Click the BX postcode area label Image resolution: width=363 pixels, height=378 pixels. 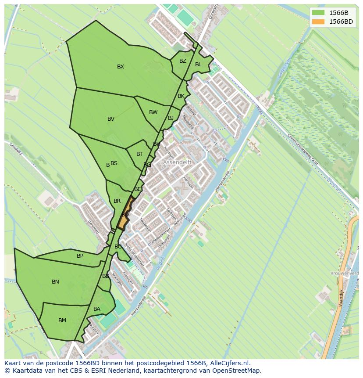pyautogui.click(x=121, y=67)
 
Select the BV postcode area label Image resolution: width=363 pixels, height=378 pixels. pyautogui.click(x=111, y=119)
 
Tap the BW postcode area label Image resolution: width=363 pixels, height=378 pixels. pyautogui.click(x=153, y=112)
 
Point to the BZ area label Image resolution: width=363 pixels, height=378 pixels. pyautogui.click(x=183, y=61)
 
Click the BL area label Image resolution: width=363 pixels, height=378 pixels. pyautogui.click(x=198, y=65)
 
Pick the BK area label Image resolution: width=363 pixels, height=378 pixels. pyautogui.click(x=181, y=96)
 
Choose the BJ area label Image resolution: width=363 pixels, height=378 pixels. pyautogui.click(x=171, y=118)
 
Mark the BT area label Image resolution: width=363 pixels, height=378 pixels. pyautogui.click(x=139, y=154)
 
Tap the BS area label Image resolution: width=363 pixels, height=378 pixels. pyautogui.click(x=114, y=163)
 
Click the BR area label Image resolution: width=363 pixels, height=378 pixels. pyautogui.click(x=117, y=201)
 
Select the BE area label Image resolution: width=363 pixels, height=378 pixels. pyautogui.click(x=138, y=189)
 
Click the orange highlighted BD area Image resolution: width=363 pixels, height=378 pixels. pyautogui.click(x=125, y=214)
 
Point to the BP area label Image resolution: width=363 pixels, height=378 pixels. pyautogui.click(x=80, y=256)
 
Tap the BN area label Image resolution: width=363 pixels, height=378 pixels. pyautogui.click(x=55, y=282)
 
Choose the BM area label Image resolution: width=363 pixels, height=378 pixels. pyautogui.click(x=62, y=320)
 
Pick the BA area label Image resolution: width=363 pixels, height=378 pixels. pyautogui.click(x=97, y=309)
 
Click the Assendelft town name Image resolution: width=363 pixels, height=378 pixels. pyautogui.click(x=178, y=162)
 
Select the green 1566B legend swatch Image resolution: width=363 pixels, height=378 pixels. pyautogui.click(x=319, y=13)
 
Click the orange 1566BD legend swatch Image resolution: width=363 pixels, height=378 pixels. pyautogui.click(x=319, y=22)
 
